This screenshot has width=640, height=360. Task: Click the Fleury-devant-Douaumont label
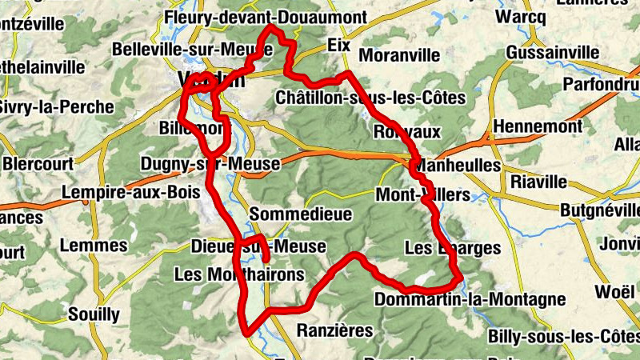click(265, 17)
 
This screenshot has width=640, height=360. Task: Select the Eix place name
click(339, 46)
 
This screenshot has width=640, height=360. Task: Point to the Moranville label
click(400, 56)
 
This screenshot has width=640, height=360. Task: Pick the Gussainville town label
click(553, 53)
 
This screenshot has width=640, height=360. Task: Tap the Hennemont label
click(538, 127)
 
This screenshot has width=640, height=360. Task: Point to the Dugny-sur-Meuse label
click(210, 164)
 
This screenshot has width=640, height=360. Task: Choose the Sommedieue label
click(288, 214)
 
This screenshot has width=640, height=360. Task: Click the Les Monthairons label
click(239, 274)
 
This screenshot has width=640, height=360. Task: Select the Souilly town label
click(94, 313)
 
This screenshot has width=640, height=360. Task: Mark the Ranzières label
click(335, 330)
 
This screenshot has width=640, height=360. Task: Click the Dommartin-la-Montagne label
click(470, 300)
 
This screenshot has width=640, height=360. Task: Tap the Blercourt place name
click(38, 163)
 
